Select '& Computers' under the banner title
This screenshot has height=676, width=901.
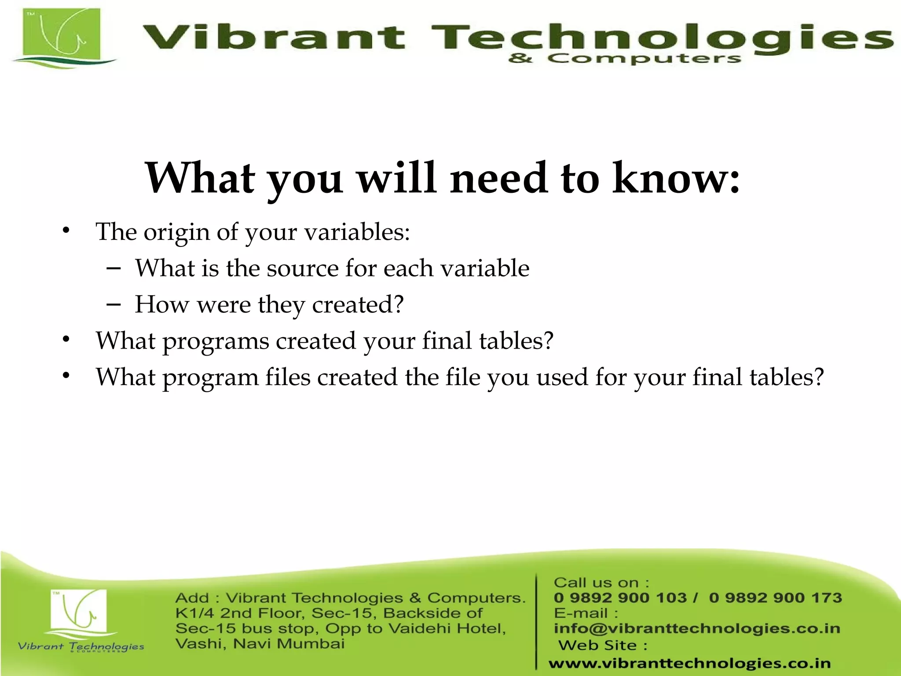(x=624, y=59)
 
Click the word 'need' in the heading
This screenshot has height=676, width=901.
(x=499, y=178)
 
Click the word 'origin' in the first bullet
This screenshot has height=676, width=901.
(x=176, y=232)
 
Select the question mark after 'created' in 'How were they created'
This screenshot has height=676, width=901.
(x=398, y=304)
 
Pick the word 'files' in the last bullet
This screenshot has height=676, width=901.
(x=288, y=378)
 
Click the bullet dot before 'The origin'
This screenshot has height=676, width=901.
(x=66, y=230)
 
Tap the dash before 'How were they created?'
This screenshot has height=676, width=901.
(x=114, y=304)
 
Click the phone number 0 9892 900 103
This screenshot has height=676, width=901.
(x=620, y=598)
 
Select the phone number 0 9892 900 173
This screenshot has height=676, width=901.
(x=775, y=598)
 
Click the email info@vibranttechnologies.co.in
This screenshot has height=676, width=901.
(x=697, y=628)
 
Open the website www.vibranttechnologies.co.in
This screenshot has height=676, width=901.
(x=689, y=663)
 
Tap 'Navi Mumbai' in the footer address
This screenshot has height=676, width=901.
(x=289, y=644)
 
